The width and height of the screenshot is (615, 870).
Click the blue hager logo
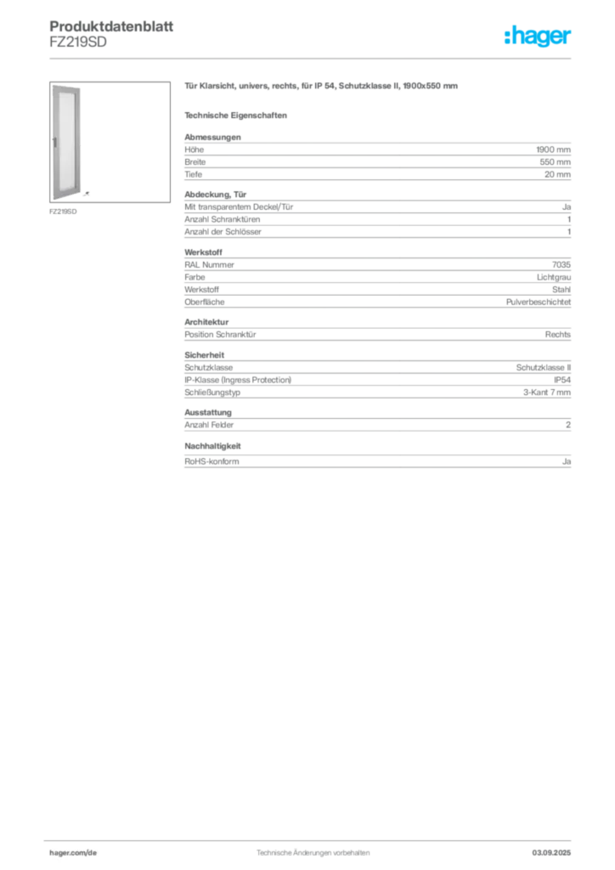coord(539,37)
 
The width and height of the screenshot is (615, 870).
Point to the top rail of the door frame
coord(65,85)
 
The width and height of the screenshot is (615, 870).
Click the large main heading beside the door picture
coord(322,88)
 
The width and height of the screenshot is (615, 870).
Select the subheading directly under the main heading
coord(238,115)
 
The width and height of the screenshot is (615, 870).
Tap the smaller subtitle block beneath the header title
coord(77,46)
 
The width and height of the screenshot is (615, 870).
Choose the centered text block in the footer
coord(310,850)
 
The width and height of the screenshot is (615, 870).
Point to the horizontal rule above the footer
coord(312,837)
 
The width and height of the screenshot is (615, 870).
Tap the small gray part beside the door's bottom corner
coord(90,194)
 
